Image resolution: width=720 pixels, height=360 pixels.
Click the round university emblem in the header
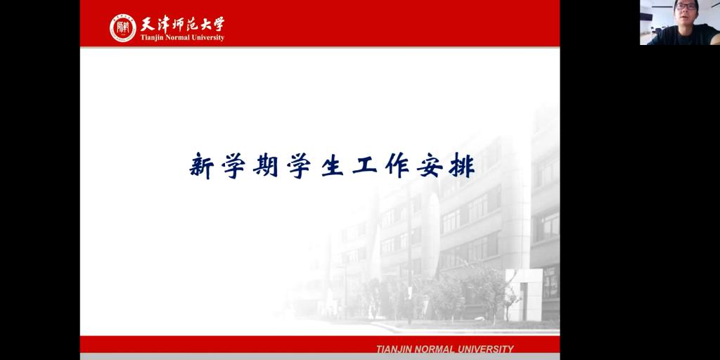[x=122, y=28]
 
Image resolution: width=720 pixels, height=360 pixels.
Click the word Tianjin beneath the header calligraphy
[x=151, y=38]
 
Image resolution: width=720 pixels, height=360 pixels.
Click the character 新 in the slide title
[x=202, y=166]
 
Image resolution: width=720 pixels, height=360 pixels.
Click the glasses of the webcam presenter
[x=686, y=6]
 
